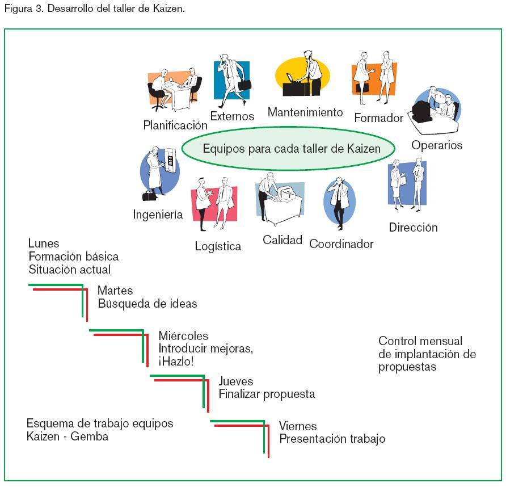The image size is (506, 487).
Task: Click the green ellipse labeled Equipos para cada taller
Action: tap(288, 149)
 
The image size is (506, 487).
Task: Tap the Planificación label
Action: tap(175, 125)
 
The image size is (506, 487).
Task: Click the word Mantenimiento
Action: tap(305, 112)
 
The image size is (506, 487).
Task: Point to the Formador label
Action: tap(378, 118)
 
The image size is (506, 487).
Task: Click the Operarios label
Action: tap(437, 145)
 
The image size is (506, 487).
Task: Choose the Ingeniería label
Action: tap(158, 215)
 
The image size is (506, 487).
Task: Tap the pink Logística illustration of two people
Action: tap(213, 201)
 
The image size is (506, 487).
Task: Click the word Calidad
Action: tap(282, 240)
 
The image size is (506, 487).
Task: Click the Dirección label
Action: tap(413, 228)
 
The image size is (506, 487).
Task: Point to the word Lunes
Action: tap(44, 244)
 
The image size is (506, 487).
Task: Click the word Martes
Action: tap(115, 291)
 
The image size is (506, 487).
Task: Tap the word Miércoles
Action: tap(183, 336)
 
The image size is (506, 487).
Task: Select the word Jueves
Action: tap(236, 381)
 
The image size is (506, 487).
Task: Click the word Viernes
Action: tap(298, 426)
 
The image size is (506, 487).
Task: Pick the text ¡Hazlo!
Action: tap(176, 362)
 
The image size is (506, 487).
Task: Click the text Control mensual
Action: tap(420, 341)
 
